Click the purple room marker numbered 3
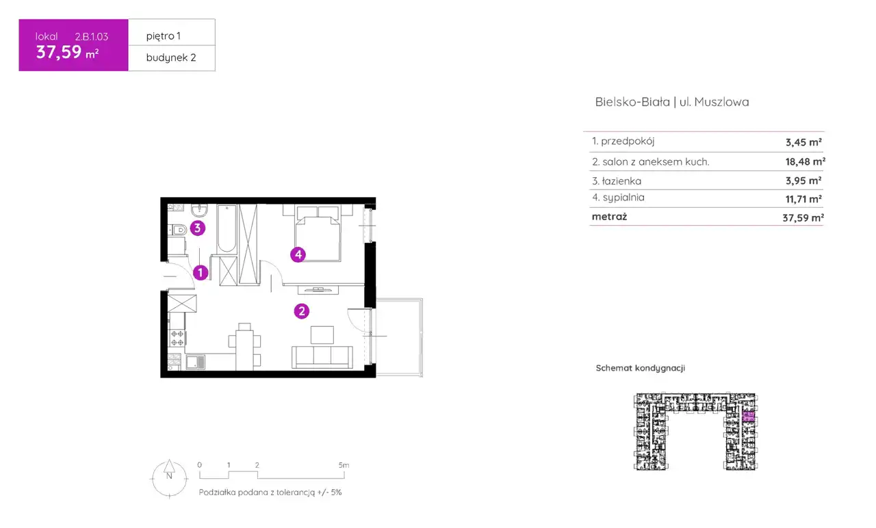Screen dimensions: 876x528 (x=198, y=228)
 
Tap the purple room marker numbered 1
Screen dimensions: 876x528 (x=201, y=272)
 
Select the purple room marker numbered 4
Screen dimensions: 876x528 (x=298, y=255)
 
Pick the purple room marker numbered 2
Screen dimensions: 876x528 (x=302, y=311)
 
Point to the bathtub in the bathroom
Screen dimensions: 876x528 (x=227, y=228)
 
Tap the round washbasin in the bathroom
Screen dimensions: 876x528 (x=199, y=211)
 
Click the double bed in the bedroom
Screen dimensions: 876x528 (x=318, y=234)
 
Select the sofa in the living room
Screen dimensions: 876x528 (x=322, y=357)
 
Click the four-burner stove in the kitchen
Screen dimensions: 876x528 (x=177, y=338)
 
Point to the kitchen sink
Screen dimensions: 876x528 (x=195, y=362)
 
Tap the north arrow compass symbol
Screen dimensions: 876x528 (x=169, y=478)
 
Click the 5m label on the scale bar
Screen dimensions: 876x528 (x=344, y=465)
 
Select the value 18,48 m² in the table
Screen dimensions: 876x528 (x=806, y=161)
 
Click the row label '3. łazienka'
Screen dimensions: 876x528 (x=617, y=181)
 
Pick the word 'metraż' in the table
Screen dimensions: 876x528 (x=609, y=217)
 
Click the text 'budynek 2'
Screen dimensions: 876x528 (x=171, y=57)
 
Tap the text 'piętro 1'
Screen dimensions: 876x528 (x=164, y=36)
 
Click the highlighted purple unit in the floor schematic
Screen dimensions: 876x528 (x=748, y=416)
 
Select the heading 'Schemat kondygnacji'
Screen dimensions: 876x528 (x=640, y=368)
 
